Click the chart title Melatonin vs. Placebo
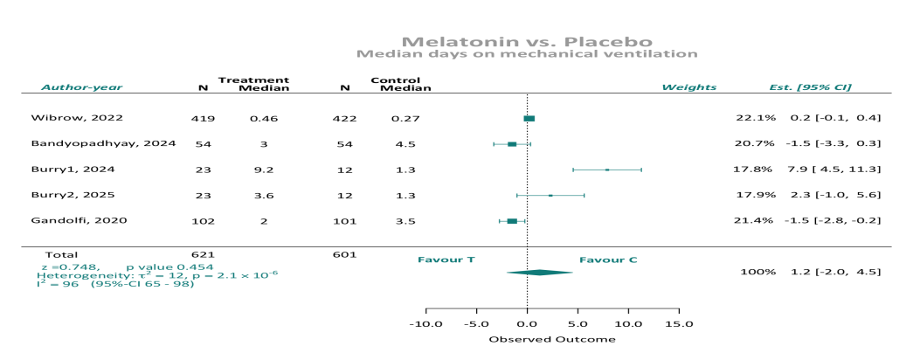click(x=526, y=41)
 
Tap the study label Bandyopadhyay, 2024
click(x=104, y=143)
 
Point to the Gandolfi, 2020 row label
click(x=79, y=220)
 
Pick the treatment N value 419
click(x=203, y=118)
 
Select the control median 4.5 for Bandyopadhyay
click(x=405, y=143)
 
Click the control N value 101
click(x=344, y=220)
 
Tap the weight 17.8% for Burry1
click(x=756, y=170)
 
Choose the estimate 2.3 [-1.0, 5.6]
click(x=835, y=195)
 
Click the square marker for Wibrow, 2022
click(x=529, y=118)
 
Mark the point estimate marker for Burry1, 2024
click(x=607, y=170)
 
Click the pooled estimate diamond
click(x=539, y=273)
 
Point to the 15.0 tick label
click(x=678, y=324)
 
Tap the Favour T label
click(x=447, y=260)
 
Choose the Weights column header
click(x=688, y=87)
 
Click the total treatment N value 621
click(x=203, y=255)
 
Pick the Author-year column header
click(x=81, y=87)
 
